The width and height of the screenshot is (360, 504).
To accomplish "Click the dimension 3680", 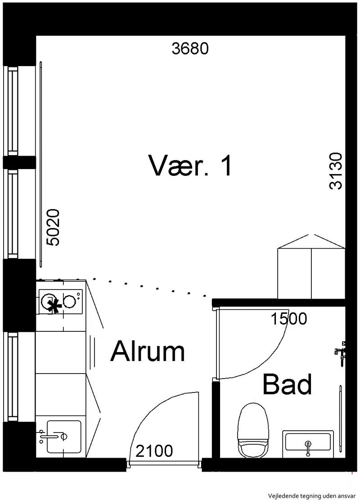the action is [190, 49].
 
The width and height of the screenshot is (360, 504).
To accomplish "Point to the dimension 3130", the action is [336, 171].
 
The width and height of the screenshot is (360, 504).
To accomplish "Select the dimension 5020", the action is [53, 227].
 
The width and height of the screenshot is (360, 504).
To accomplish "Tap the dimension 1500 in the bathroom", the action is [289, 319].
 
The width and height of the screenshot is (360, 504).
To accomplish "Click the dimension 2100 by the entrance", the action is [154, 451].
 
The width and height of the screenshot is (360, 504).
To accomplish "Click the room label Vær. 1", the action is [190, 165].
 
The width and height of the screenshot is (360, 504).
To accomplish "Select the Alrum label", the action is [148, 351].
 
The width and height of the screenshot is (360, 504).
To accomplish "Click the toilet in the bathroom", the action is [253, 430].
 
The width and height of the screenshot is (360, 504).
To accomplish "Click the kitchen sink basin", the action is [64, 437].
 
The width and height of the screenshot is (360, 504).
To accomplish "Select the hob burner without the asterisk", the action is [69, 301].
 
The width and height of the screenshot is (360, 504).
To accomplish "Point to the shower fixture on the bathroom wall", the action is [340, 352].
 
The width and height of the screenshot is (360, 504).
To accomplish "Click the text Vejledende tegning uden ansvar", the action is [312, 495].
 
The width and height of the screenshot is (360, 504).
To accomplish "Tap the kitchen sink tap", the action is [51, 436].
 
